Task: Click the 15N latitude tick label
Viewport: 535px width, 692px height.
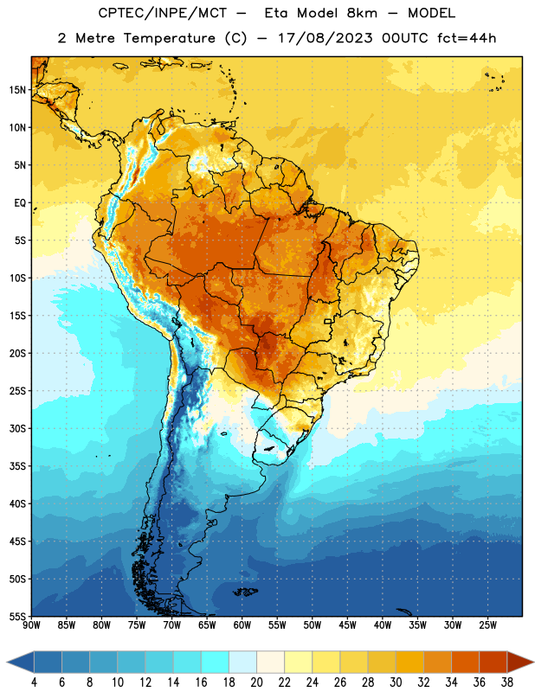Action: click(x=17, y=90)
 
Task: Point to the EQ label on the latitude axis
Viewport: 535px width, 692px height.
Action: click(x=20, y=203)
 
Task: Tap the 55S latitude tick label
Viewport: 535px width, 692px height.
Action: click(x=17, y=616)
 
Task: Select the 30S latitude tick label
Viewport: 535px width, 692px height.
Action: click(x=17, y=428)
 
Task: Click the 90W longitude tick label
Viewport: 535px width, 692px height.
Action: click(x=31, y=625)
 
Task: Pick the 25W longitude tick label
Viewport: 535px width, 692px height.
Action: click(x=487, y=625)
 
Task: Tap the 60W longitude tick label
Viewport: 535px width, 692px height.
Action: click(x=242, y=625)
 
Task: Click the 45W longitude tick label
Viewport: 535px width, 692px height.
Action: click(x=347, y=625)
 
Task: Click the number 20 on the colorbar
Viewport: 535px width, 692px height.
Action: click(x=256, y=682)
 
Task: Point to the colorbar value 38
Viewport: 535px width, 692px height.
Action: click(x=507, y=682)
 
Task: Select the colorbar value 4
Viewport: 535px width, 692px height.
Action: click(x=34, y=682)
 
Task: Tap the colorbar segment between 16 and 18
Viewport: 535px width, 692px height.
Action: click(x=215, y=662)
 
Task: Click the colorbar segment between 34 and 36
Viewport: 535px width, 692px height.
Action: click(x=465, y=662)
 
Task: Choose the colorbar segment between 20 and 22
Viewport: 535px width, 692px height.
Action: click(x=270, y=662)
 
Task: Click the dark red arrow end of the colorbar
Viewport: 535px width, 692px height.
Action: click(x=520, y=662)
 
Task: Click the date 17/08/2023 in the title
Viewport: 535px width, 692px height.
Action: click(x=326, y=38)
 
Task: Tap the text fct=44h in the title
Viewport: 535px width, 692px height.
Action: click(x=467, y=38)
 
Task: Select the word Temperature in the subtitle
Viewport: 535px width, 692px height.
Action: click(x=169, y=38)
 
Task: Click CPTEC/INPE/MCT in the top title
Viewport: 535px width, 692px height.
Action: click(x=163, y=13)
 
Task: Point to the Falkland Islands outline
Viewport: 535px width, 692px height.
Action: click(x=245, y=592)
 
